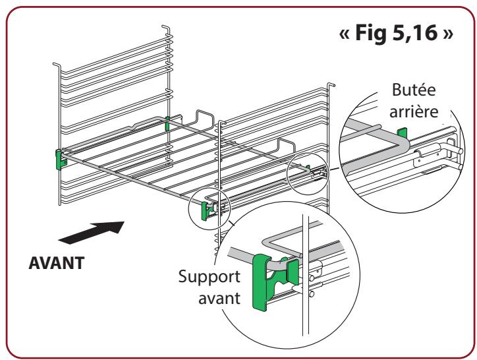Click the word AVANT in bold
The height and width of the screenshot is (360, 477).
pyautogui.click(x=57, y=263)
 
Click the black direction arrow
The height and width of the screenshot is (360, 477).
pyautogui.click(x=92, y=232)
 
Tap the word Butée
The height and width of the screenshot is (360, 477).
pyautogui.click(x=414, y=90)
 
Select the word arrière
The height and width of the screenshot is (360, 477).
pyautogui.click(x=414, y=111)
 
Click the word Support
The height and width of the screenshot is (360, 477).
pyautogui.click(x=210, y=277)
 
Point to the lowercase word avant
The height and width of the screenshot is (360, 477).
pyautogui.click(x=219, y=298)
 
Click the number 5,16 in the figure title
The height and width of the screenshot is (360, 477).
pyautogui.click(x=415, y=33)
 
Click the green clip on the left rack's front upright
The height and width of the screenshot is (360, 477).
pyautogui.click(x=60, y=160)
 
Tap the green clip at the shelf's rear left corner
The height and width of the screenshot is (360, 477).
pyautogui.click(x=167, y=123)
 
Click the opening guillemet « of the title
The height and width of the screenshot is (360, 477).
pyautogui.click(x=345, y=34)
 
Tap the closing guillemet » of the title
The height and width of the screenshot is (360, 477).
pyautogui.click(x=448, y=34)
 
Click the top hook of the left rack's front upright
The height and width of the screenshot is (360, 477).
pyautogui.click(x=57, y=65)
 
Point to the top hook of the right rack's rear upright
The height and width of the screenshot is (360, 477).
pyautogui.click(x=331, y=84)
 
